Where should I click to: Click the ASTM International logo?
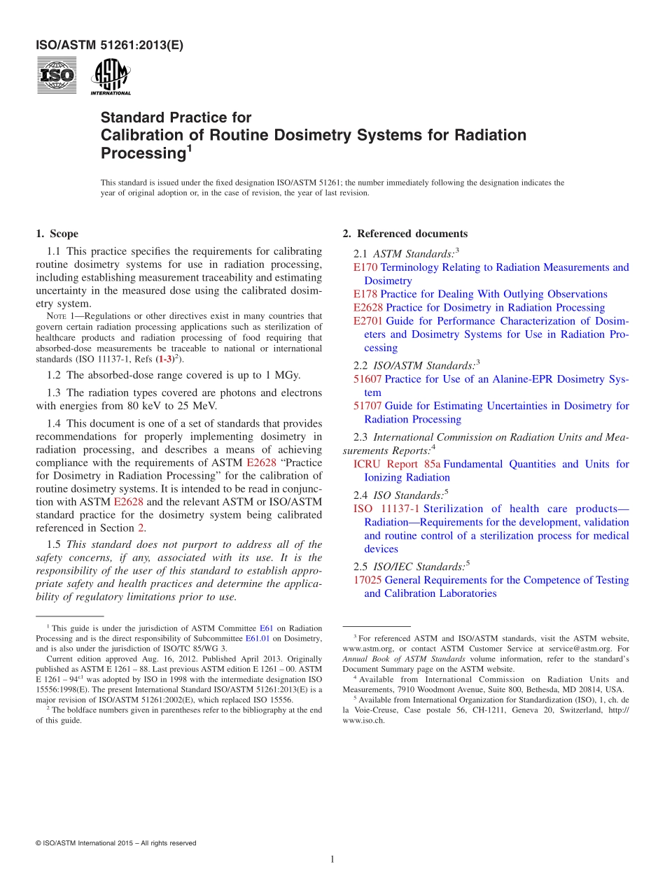111,77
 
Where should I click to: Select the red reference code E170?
365,267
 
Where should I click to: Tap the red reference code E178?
365,294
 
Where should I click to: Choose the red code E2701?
368,321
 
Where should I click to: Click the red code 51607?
367,379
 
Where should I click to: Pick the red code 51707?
367,406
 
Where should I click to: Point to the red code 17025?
367,580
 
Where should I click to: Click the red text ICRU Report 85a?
396,464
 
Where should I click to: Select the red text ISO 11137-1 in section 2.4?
386,509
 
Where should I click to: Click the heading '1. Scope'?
57,234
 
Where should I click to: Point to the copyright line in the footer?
115,843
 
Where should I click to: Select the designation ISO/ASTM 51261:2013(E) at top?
109,46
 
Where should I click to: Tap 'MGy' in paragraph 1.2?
288,375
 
